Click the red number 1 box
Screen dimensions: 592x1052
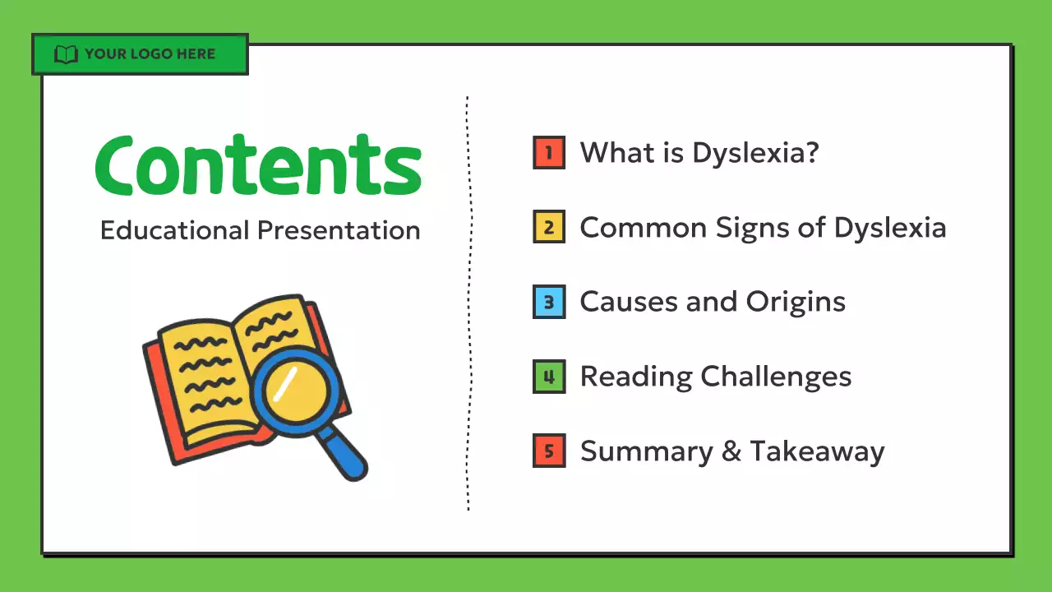[x=549, y=153]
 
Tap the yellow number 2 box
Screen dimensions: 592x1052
[x=549, y=228]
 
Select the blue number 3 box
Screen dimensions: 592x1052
[x=549, y=303]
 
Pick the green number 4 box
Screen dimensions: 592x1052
[x=549, y=377]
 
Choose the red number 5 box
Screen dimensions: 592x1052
[x=549, y=451]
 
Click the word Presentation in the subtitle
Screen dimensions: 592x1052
[x=339, y=230]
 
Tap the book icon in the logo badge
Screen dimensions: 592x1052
[x=66, y=55]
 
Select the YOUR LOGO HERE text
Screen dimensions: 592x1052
[x=150, y=54]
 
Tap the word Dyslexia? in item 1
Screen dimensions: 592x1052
[x=755, y=153]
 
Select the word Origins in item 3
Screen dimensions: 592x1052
[x=796, y=303]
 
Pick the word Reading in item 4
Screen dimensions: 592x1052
[x=636, y=377]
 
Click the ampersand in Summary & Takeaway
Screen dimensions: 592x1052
[x=731, y=451]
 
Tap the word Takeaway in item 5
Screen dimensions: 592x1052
[x=817, y=451]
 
